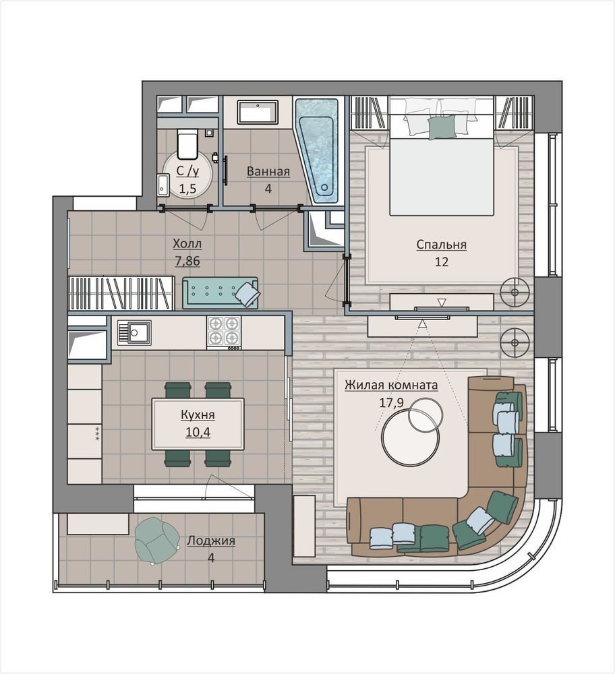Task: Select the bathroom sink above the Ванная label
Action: (x=257, y=113)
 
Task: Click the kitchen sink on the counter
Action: (x=135, y=333)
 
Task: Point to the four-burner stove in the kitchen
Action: (x=224, y=332)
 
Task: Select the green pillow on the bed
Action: (x=442, y=127)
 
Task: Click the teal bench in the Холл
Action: (x=221, y=293)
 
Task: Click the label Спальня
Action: (x=441, y=245)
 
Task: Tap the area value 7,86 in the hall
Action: (x=187, y=261)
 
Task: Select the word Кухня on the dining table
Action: (x=198, y=415)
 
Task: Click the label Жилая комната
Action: (x=391, y=385)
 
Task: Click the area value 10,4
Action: (x=198, y=432)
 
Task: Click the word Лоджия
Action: (x=211, y=541)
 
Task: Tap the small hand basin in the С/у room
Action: (x=163, y=185)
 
